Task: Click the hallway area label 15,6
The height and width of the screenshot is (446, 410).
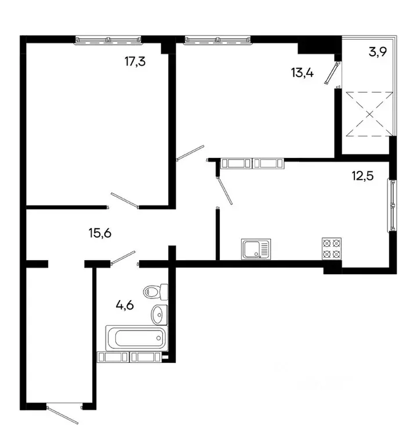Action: coord(99,233)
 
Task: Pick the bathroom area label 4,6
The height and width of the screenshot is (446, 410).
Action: coord(125,304)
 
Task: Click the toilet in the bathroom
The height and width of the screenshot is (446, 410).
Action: coord(155,290)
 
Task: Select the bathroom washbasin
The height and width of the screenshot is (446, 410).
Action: coord(159,314)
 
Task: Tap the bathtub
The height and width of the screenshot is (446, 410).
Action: coord(135,337)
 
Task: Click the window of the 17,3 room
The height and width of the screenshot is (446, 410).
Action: coord(109,39)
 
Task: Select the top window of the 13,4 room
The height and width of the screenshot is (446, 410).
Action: coord(218,39)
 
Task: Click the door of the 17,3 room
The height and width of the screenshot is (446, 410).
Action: coord(124,200)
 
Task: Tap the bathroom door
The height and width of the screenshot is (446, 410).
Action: coord(124,257)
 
